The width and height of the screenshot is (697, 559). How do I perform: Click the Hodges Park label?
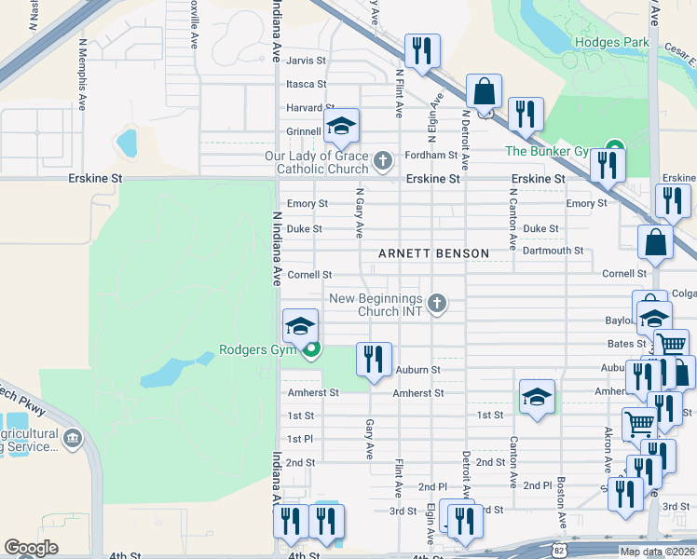pos(611,42)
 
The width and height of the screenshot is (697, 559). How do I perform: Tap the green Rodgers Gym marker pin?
pos(311,350)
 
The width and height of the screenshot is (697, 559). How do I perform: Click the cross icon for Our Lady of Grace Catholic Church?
pos(382,162)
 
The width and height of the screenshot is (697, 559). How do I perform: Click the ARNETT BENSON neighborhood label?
pos(433,253)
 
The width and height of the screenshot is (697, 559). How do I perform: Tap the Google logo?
pos(32,548)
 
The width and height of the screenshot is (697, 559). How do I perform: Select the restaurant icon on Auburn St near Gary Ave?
pos(374,359)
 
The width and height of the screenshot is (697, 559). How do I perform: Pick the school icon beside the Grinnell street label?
pos(341,127)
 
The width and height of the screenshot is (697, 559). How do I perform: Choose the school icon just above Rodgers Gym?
pos(300,326)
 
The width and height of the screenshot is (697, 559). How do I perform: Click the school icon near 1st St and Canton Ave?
pos(537,398)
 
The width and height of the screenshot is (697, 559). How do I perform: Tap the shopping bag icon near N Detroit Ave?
pos(484,93)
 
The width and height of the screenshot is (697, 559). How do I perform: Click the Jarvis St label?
pos(307,60)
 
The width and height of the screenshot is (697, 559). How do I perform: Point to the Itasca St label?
pos(307,84)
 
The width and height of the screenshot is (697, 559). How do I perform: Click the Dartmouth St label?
pos(553,251)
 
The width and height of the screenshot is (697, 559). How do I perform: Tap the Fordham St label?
pos(430,156)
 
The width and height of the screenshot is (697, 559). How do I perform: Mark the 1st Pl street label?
pos(300,439)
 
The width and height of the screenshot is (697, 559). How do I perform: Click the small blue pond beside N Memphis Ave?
pos(125,143)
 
